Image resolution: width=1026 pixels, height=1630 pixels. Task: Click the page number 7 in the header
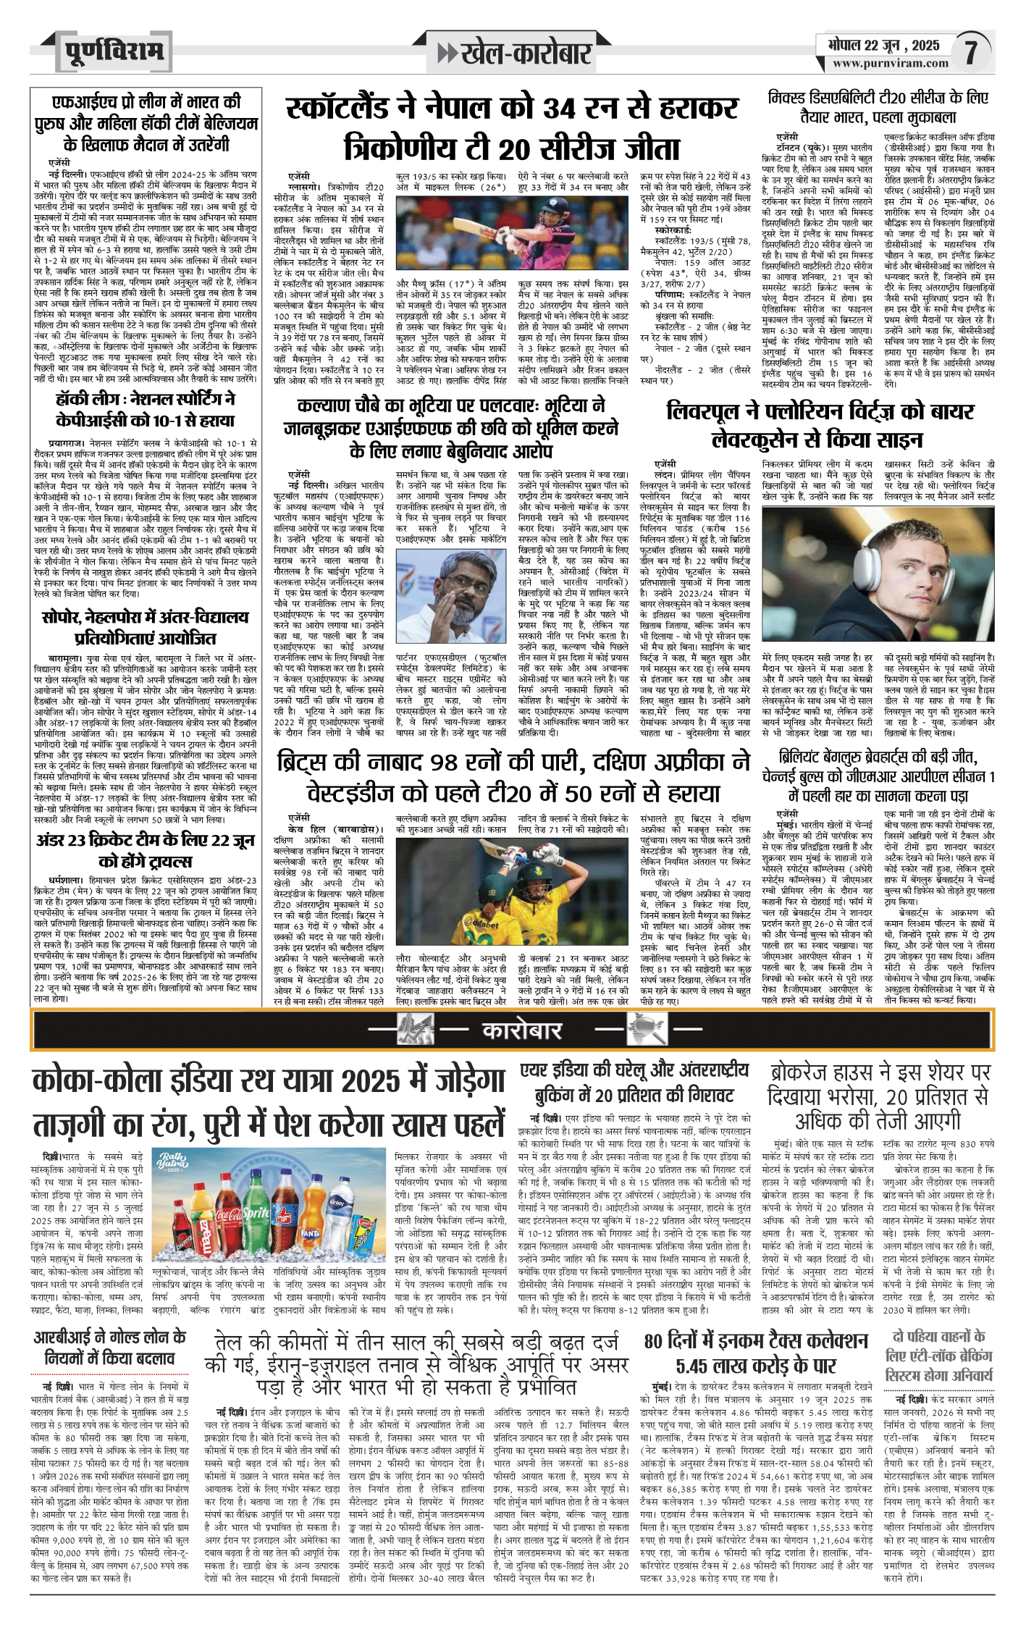tap(971, 52)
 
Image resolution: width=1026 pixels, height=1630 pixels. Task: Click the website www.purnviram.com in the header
tap(890, 64)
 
